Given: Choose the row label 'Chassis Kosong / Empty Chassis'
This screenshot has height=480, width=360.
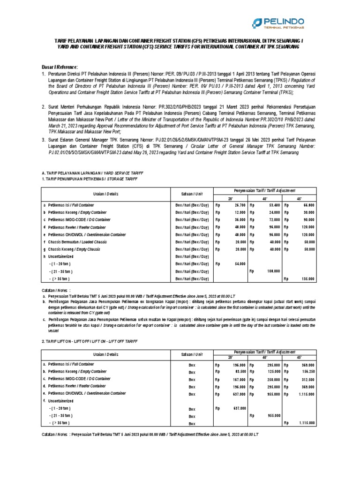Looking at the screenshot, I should click(72, 249).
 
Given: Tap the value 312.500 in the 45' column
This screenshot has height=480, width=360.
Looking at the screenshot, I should click(307, 379).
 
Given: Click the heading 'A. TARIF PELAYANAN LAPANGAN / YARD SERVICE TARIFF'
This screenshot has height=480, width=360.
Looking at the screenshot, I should click(87, 172).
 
